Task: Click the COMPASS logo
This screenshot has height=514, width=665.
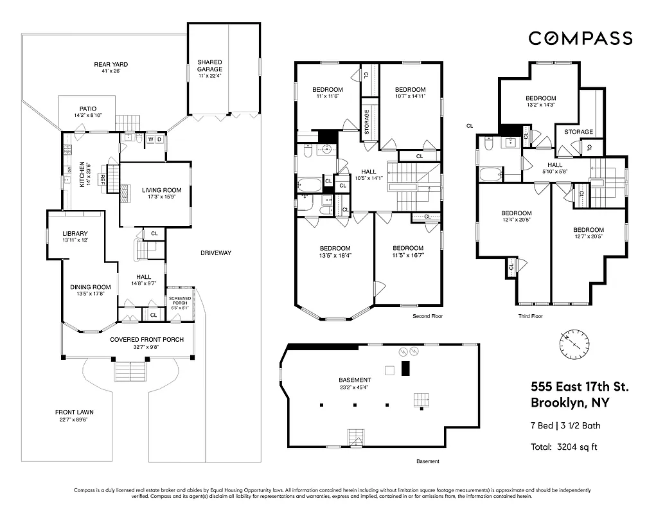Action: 580,39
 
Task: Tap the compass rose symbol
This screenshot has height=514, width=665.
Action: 574,344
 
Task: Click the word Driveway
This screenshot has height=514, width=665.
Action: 215,253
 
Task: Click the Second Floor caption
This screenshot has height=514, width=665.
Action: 427,316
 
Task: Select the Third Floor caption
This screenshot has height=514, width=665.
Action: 531,316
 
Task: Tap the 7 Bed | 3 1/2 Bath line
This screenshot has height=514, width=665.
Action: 565,425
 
